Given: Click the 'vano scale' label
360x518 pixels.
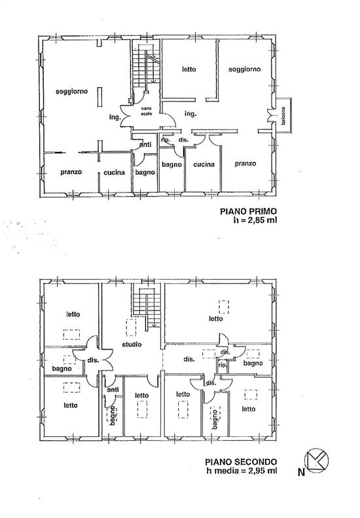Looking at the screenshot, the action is pyautogui.click(x=147, y=111).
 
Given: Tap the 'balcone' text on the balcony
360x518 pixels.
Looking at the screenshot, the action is pyautogui.click(x=283, y=116).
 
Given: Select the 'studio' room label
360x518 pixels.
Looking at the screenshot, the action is pyautogui.click(x=132, y=344).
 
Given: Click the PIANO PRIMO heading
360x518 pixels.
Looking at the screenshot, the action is pyautogui.click(x=248, y=211).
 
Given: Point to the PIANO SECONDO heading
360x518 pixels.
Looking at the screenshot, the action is pyautogui.click(x=241, y=462).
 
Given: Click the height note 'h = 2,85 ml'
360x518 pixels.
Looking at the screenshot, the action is pyautogui.click(x=255, y=219).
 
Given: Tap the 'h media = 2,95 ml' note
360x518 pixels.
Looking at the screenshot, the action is pyautogui.click(x=242, y=470).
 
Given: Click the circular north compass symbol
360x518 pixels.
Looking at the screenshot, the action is pyautogui.click(x=316, y=460).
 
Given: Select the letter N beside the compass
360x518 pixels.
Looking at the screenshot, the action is pyautogui.click(x=301, y=472).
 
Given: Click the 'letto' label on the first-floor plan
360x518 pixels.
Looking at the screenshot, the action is pyautogui.click(x=189, y=69).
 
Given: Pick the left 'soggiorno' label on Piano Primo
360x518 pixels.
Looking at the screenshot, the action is pyautogui.click(x=71, y=91).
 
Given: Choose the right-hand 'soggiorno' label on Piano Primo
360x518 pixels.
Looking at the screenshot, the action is pyautogui.click(x=244, y=69).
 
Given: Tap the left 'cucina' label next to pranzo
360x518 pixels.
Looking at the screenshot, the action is pyautogui.click(x=115, y=172).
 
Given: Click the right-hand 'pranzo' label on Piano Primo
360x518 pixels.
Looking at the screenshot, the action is pyautogui.click(x=245, y=164).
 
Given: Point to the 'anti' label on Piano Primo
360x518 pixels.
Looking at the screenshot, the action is pyautogui.click(x=145, y=144).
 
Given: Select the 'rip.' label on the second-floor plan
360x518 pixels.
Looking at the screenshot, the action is pyautogui.click(x=223, y=365).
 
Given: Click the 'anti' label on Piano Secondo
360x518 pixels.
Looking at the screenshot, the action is pyautogui.click(x=113, y=390).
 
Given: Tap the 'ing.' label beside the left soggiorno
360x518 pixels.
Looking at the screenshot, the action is pyautogui.click(x=115, y=117).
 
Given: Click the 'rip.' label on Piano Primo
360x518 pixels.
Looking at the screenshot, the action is pyautogui.click(x=166, y=139).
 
